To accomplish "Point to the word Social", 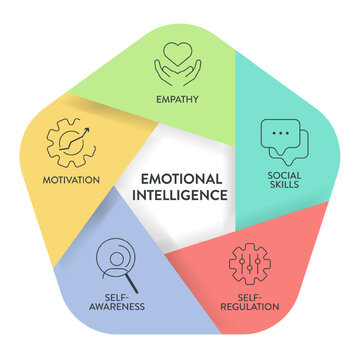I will click(x=282, y=177).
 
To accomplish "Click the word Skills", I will click(x=282, y=189).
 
